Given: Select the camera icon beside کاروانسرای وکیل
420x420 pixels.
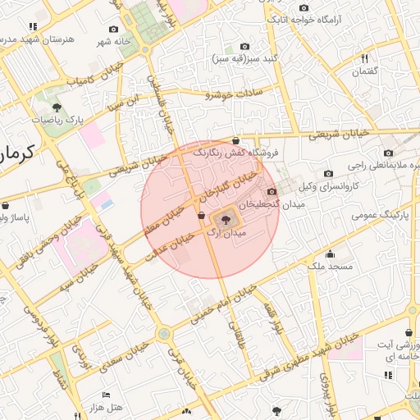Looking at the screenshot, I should coord(329,173).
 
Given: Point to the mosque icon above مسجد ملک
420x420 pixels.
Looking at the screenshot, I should coord(330,254).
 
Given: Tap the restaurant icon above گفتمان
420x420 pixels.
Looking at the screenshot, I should coord(365,58).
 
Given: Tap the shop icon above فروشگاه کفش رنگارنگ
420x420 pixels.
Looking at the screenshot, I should coord(236,140).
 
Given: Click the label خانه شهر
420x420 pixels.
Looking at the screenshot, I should coord(115,41).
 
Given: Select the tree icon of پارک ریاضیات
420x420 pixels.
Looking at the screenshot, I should coord(56,107).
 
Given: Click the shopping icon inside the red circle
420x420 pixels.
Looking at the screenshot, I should coord(201,215).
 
